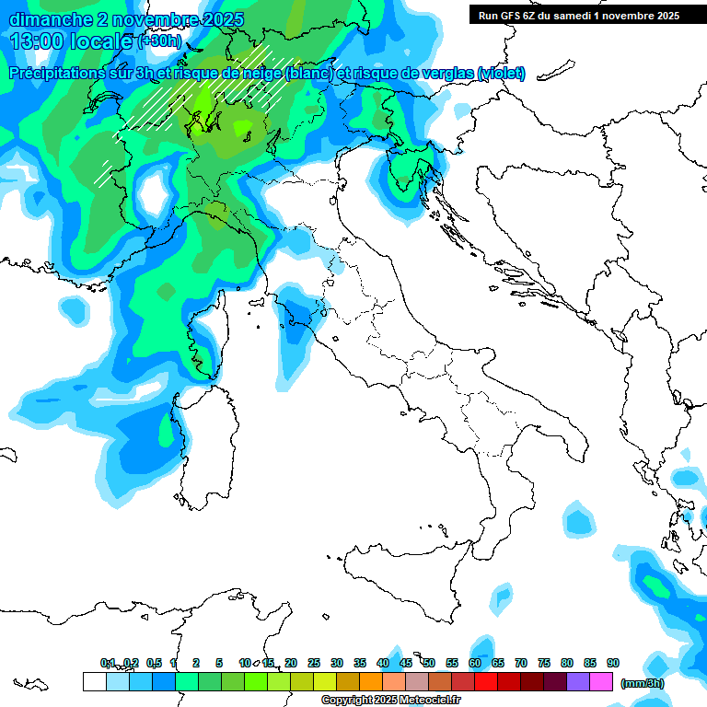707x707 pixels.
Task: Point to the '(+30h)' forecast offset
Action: click(x=160, y=41)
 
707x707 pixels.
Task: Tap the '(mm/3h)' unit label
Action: click(x=642, y=683)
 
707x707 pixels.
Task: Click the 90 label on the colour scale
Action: click(x=613, y=663)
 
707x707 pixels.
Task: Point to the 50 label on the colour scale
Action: click(x=429, y=663)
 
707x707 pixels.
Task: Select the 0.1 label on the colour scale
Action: click(x=107, y=663)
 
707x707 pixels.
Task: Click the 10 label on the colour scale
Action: click(x=245, y=663)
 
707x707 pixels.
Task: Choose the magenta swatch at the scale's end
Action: click(x=601, y=682)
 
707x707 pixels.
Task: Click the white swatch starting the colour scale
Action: click(x=94, y=682)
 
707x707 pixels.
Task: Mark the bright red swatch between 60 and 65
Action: click(x=486, y=682)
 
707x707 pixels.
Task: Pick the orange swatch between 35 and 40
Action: click(x=371, y=682)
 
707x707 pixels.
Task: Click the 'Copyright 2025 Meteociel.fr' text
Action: click(x=390, y=701)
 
